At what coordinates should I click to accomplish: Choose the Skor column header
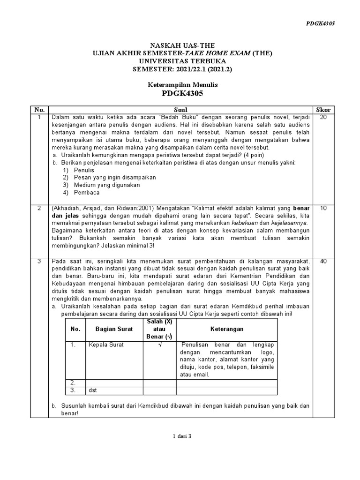323,110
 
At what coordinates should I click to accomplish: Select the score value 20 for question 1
323,117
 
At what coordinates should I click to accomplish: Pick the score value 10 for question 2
323,208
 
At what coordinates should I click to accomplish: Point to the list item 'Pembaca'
86,192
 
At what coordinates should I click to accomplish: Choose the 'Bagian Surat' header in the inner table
114,329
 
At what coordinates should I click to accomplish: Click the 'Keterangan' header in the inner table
227,329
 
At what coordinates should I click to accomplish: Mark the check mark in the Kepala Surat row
159,345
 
